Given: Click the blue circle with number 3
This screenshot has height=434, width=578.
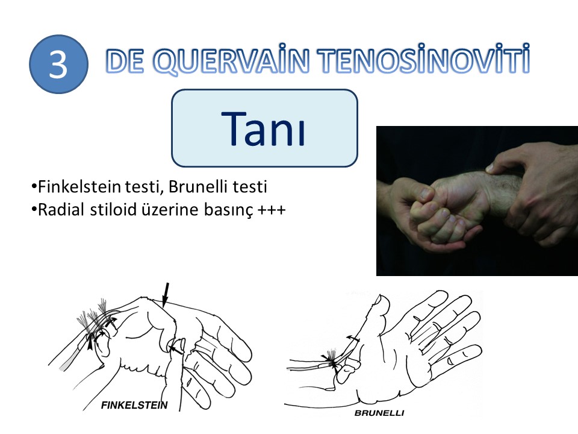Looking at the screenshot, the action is pos(58,64).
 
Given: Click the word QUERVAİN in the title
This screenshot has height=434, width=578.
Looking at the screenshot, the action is pos(231,60).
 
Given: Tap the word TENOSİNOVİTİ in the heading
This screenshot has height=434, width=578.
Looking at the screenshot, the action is pos(423,58).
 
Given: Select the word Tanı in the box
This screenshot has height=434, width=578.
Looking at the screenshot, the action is pos(263,129).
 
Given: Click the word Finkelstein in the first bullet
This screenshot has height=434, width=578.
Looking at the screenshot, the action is pos(79,187).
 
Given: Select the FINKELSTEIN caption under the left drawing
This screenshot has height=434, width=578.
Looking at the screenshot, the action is pos(134,405).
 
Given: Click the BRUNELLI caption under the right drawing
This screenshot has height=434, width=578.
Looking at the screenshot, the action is pos(379,413).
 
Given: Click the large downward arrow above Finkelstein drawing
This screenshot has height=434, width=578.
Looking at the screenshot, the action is pos(166,295).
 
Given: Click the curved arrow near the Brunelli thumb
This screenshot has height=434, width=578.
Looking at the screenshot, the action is pos(353,338).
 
